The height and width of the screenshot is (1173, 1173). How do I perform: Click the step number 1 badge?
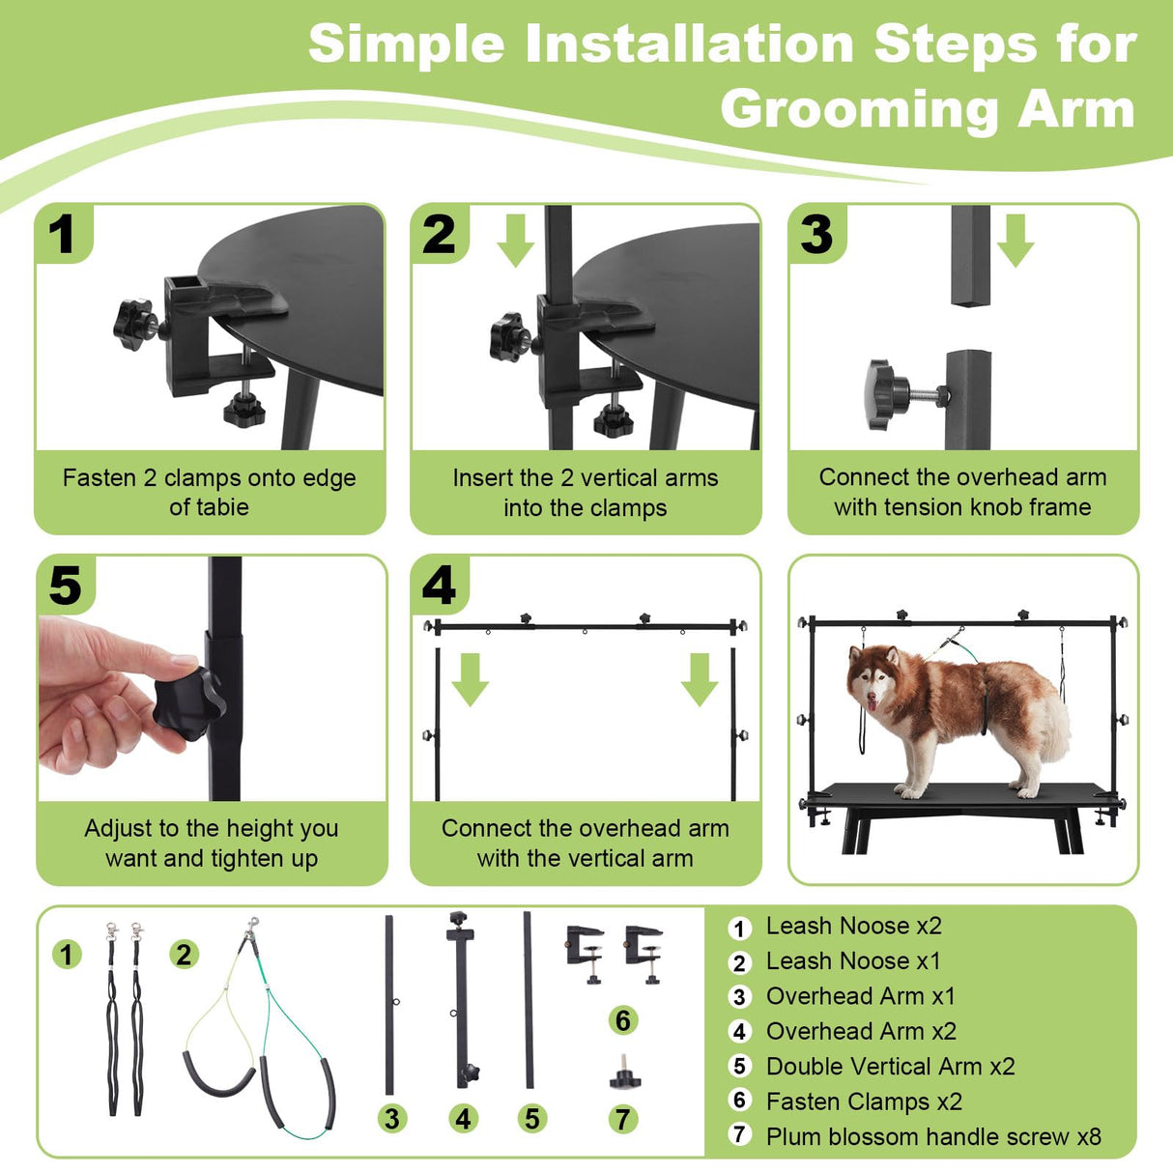(62, 234)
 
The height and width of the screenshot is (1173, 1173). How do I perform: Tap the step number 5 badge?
(65, 586)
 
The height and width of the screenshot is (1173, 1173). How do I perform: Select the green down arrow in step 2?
(515, 241)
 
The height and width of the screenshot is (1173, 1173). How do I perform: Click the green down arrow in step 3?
(1015, 241)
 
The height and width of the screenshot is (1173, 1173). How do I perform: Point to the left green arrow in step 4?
(470, 678)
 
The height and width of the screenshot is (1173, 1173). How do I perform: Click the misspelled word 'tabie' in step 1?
(223, 507)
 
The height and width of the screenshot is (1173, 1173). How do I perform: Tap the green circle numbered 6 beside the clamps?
(623, 1020)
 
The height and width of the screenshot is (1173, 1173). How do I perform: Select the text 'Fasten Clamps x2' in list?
(864, 1101)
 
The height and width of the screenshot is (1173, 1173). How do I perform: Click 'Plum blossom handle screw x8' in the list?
(932, 1137)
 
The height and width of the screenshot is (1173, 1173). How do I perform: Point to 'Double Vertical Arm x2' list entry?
(890, 1067)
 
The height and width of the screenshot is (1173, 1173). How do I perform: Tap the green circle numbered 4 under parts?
(464, 1119)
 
